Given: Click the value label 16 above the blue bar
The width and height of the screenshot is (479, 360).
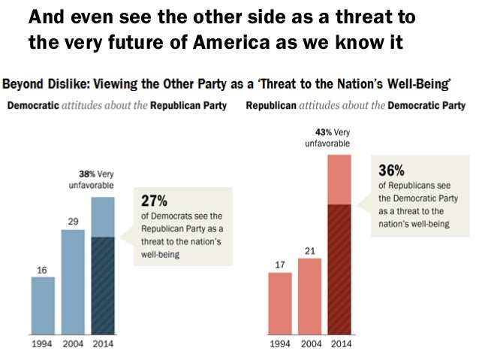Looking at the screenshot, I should (x=43, y=269).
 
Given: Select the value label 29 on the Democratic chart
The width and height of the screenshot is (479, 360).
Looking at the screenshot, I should (x=73, y=222).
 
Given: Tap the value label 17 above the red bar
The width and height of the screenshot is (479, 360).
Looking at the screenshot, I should (x=280, y=265).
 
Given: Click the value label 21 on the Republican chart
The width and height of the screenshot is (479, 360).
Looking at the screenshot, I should (x=309, y=250).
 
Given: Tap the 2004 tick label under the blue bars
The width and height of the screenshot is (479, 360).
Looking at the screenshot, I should (x=73, y=344).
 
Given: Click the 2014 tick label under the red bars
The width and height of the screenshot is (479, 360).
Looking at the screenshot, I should (x=339, y=344).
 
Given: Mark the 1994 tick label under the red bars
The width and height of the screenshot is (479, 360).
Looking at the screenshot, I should (x=280, y=344).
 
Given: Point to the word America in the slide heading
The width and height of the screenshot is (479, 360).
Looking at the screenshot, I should (x=222, y=41).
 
